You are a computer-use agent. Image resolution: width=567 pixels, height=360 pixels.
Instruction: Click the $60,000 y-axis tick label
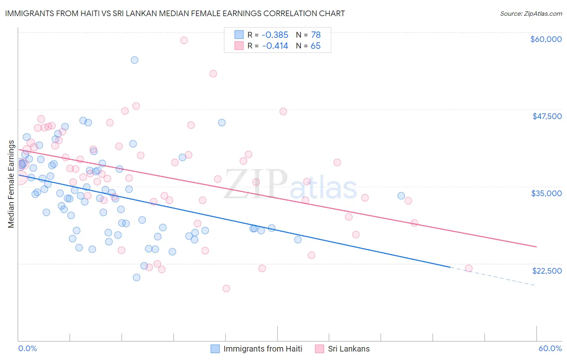[546, 39]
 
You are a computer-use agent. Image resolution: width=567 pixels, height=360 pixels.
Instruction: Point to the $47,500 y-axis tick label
[547, 116]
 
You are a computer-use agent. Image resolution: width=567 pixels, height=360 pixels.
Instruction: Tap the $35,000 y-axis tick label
[546, 193]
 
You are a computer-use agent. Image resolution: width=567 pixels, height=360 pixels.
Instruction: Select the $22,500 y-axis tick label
[547, 271]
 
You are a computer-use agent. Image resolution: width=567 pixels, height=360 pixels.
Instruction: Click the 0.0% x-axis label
[27, 348]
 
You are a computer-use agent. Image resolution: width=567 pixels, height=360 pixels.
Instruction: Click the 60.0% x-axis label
[550, 348]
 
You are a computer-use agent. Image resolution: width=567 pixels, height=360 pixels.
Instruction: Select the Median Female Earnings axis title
[11, 184]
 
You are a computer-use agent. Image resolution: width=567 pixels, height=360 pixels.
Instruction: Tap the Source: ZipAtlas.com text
[531, 13]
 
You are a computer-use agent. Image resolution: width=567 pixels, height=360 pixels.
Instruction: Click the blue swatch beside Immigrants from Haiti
[215, 349]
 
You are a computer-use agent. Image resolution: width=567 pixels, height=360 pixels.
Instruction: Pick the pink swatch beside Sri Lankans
[320, 349]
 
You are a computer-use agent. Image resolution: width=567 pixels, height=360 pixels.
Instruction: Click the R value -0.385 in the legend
[275, 35]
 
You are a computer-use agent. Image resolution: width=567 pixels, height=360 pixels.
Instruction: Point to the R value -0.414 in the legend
[275, 46]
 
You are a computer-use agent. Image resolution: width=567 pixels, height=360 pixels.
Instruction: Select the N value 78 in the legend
[315, 35]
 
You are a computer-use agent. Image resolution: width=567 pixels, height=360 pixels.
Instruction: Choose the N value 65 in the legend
[315, 46]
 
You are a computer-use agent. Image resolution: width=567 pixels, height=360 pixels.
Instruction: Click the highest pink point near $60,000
[184, 40]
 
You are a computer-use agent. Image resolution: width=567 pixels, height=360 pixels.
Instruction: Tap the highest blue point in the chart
[135, 60]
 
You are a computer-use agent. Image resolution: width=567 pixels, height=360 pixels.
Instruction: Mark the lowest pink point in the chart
[226, 289]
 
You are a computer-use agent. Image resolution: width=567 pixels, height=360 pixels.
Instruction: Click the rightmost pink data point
[469, 268]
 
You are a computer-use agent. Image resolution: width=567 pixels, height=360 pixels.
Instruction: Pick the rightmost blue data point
[401, 196]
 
